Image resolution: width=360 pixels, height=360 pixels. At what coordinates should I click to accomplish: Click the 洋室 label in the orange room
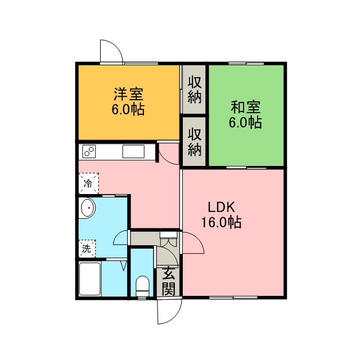tap(128, 94)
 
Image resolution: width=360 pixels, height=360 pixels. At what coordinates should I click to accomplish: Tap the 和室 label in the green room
tap(245, 107)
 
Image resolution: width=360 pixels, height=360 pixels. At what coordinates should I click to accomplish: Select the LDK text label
tap(221, 208)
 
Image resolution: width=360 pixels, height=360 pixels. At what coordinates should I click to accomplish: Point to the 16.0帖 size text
tap(221, 222)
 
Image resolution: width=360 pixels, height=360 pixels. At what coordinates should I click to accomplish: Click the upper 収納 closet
tap(194, 89)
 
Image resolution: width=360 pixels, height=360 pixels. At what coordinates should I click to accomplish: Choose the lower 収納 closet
tap(194, 142)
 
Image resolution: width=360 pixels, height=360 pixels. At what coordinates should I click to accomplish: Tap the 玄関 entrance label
tap(169, 281)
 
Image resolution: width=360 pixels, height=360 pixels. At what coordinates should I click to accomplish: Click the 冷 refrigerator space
tap(89, 183)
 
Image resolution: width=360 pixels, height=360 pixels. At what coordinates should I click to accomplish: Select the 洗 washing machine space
tap(87, 249)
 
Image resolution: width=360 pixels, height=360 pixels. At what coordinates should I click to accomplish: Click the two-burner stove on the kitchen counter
tap(89, 151)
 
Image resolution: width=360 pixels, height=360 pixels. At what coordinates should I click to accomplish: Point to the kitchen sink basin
tap(133, 151)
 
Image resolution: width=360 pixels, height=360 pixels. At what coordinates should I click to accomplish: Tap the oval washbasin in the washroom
tap(88, 208)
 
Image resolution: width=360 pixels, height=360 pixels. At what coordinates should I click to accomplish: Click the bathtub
tap(90, 279)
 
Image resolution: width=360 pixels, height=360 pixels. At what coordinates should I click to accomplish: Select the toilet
tap(142, 286)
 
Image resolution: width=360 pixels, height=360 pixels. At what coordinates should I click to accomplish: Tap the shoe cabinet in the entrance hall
tap(169, 238)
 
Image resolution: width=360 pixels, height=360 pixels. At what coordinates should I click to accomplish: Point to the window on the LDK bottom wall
tap(233, 298)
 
